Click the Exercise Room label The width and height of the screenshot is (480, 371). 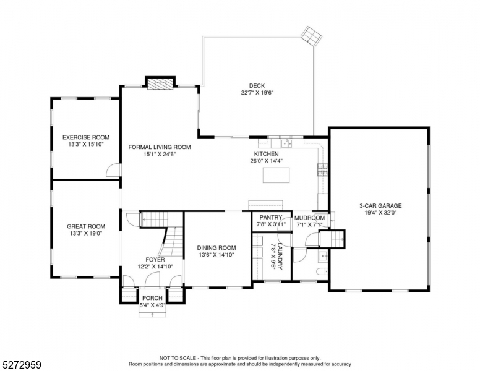[85, 137]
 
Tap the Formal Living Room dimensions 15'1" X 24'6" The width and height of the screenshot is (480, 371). [159, 155]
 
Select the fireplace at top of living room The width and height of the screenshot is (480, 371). [160, 83]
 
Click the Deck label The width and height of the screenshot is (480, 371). [257, 86]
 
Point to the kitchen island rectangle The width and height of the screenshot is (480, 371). [275, 176]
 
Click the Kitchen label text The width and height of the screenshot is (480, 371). [266, 154]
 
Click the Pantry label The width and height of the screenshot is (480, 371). [271, 218]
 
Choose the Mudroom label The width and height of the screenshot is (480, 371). [309, 218]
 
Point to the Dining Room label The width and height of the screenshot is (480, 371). [216, 248]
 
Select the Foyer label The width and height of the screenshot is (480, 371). [155, 260]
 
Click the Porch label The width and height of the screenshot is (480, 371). [152, 298]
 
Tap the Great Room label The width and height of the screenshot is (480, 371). [85, 227]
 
